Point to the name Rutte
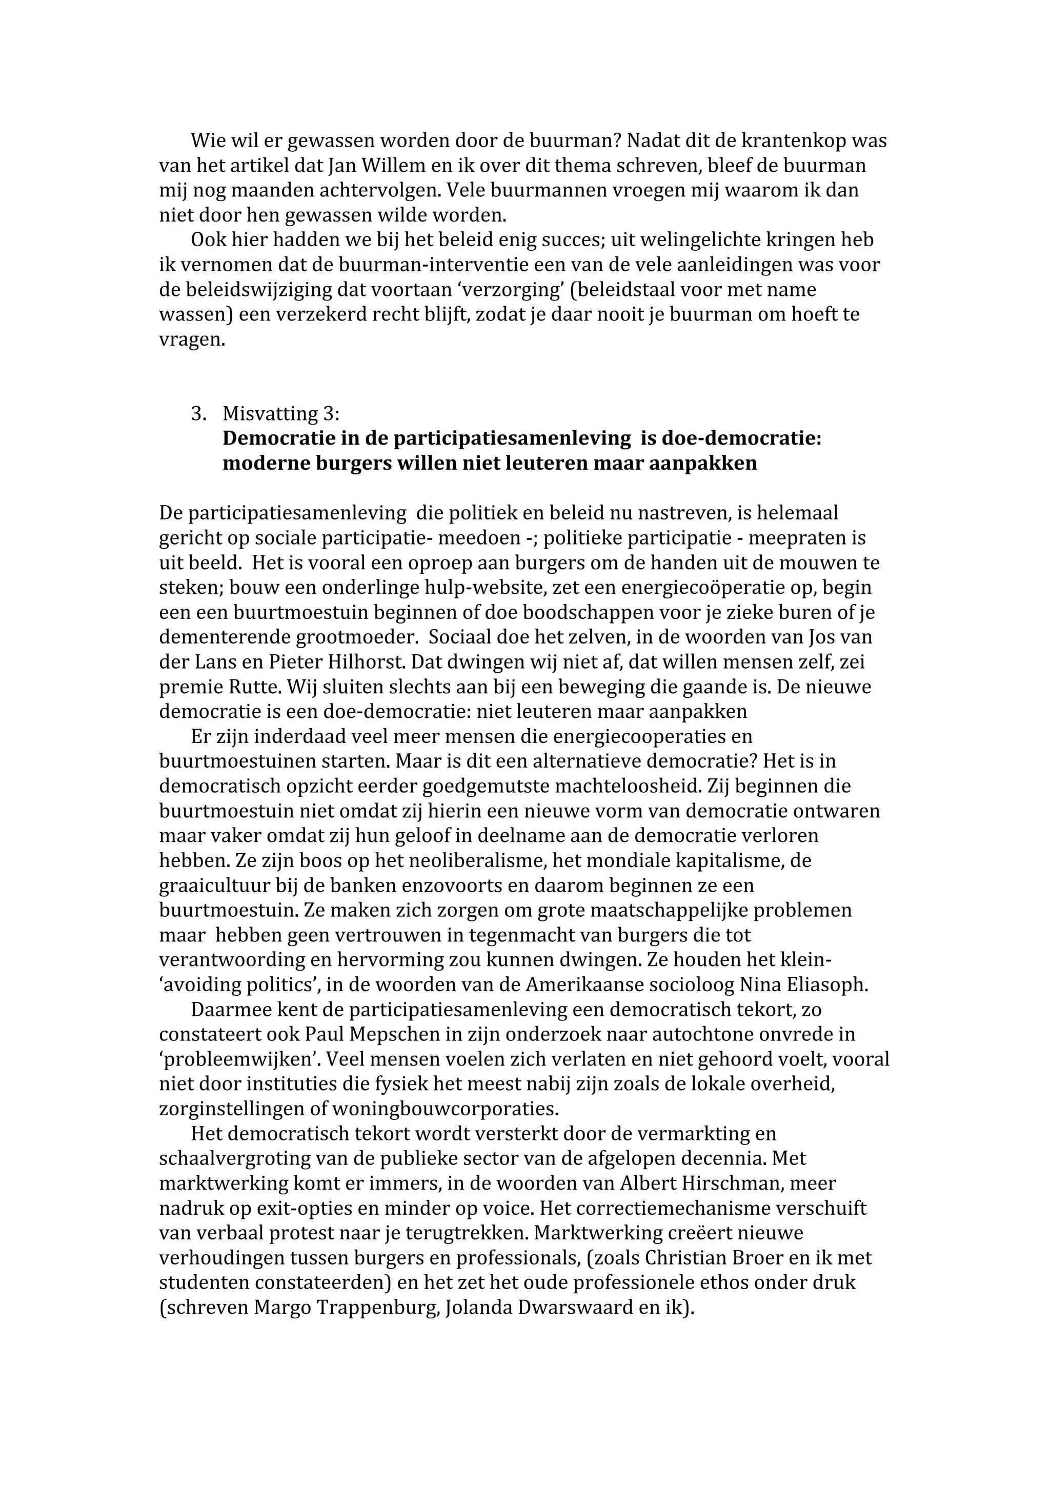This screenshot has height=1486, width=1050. point(254,687)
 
